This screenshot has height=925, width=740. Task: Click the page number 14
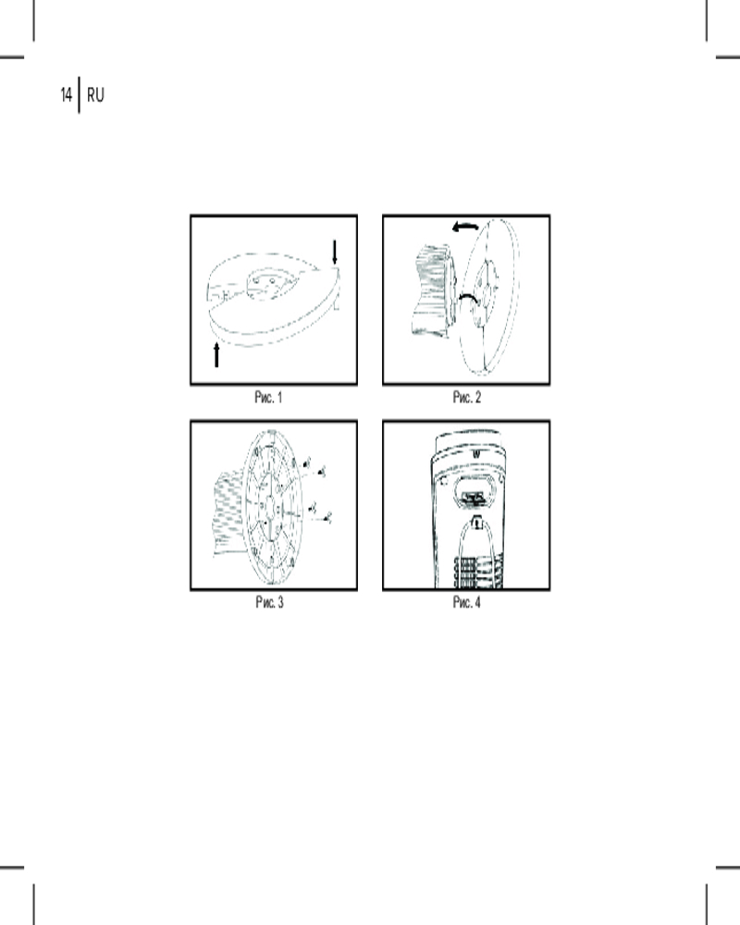tap(66, 94)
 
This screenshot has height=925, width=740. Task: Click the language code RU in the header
tap(95, 95)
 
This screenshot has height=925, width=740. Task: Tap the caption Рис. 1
tap(268, 398)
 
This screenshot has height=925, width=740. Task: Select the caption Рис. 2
tap(467, 398)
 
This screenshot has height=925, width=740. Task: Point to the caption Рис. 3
tap(269, 602)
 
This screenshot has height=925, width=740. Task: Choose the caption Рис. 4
tap(467, 602)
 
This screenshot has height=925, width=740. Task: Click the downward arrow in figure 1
tap(335, 252)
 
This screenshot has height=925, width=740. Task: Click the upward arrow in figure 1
tap(216, 354)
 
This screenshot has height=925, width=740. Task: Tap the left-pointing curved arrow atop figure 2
tap(465, 227)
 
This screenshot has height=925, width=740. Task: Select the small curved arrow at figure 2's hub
tap(469, 298)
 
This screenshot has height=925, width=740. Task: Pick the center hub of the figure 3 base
tap(270, 507)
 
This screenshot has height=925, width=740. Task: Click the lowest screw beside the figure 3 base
tap(328, 518)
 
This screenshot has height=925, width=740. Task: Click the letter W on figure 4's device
tap(476, 454)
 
